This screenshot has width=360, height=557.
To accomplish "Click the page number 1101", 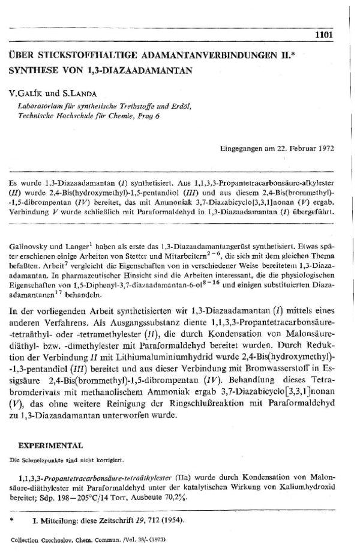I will point(323,35).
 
